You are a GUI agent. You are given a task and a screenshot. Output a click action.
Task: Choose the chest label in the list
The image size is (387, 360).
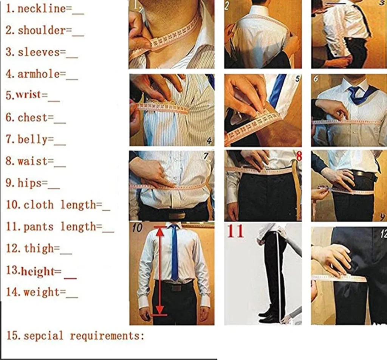[x=33, y=118]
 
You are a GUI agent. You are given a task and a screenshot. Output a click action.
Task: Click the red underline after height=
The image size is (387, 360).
[x=70, y=278]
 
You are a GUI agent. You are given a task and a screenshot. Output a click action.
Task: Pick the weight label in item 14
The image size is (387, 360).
[x=42, y=292]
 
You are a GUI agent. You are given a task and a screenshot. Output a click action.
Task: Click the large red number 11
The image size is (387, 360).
[x=235, y=231]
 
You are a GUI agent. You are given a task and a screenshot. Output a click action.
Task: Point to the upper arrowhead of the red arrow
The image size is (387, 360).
[x=160, y=231]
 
